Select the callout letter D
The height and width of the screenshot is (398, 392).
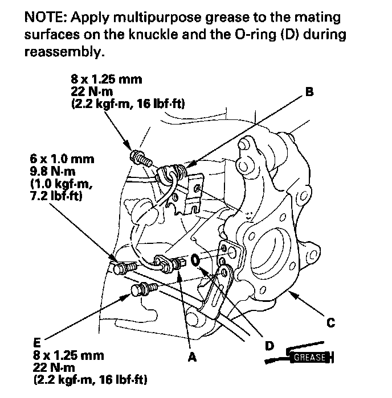tap(268, 345)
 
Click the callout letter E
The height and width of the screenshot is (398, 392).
tap(36, 343)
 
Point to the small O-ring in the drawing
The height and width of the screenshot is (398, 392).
tap(195, 260)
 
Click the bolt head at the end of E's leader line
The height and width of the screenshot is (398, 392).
tap(137, 292)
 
